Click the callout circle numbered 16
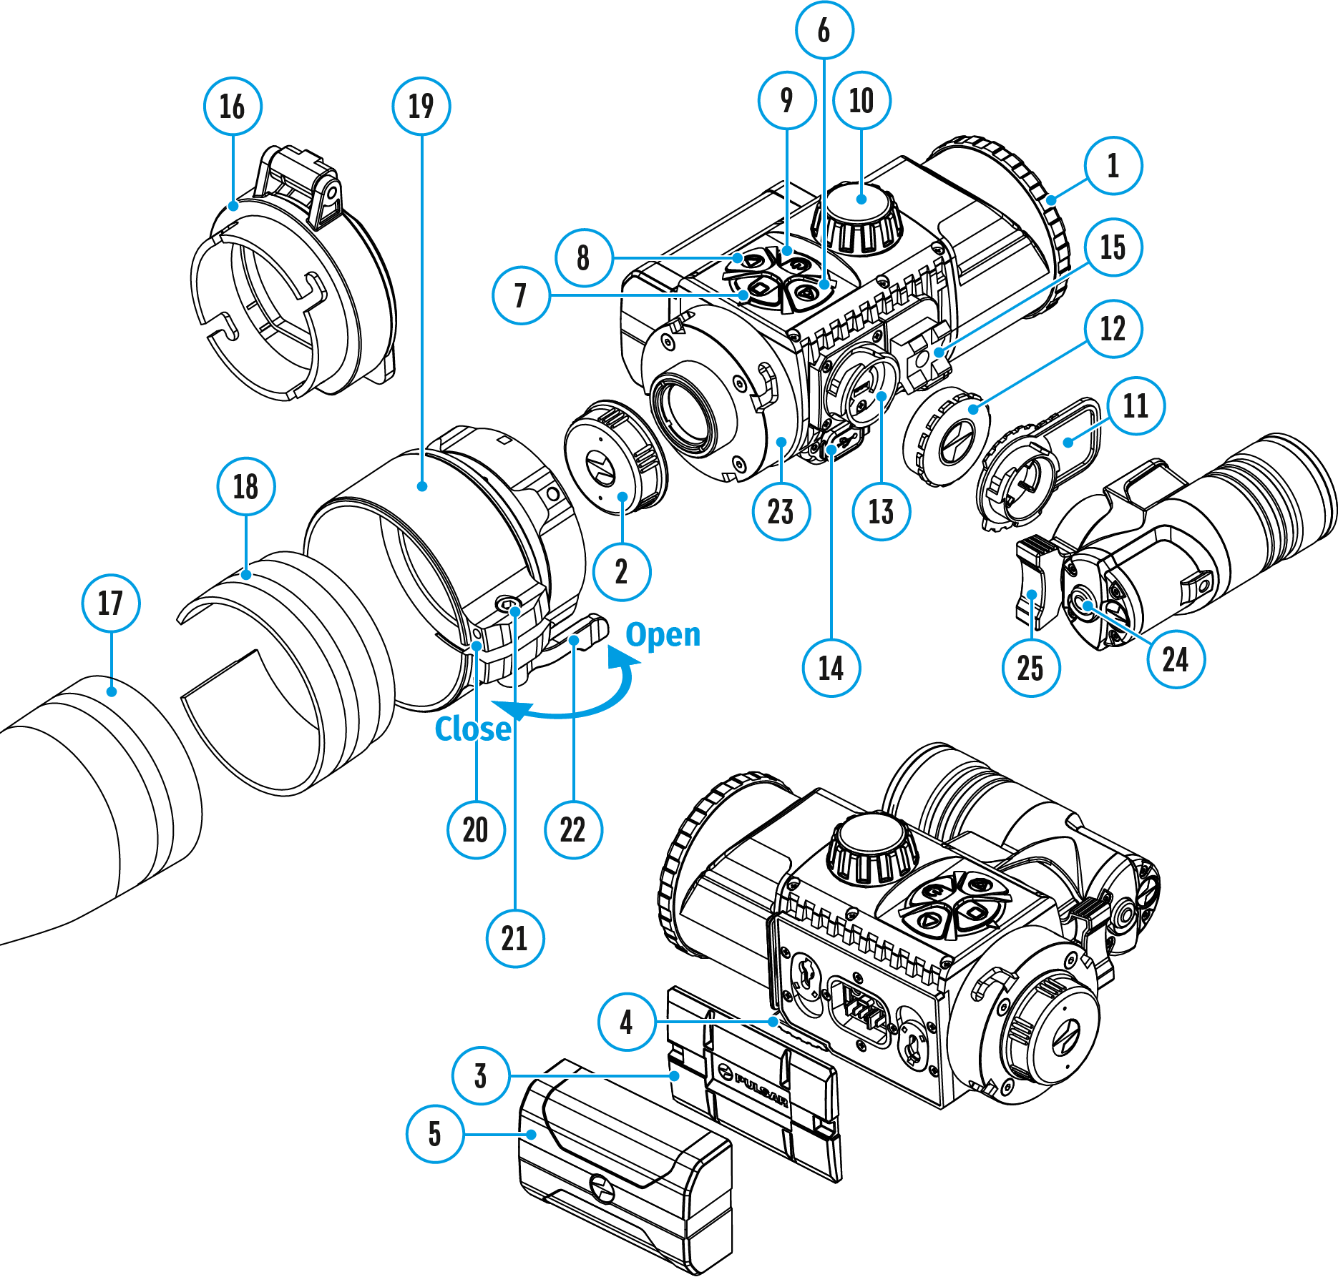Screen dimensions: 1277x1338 click(233, 107)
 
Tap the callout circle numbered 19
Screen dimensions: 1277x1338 click(421, 107)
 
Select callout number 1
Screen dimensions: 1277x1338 click(1113, 166)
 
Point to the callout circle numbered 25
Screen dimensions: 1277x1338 click(1031, 668)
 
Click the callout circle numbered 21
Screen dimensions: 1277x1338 click(515, 938)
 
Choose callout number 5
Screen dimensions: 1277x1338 click(435, 1134)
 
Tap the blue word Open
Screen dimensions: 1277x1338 click(663, 635)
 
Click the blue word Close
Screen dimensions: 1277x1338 click(473, 729)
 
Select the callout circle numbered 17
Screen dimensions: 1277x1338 click(111, 603)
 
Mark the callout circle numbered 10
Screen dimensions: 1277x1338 click(861, 101)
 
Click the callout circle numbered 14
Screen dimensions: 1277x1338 click(831, 668)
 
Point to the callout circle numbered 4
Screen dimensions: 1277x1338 click(627, 1022)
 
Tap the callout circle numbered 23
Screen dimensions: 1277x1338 click(781, 512)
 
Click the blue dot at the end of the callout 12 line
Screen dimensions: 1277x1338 click(973, 409)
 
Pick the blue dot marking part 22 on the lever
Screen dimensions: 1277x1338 click(574, 640)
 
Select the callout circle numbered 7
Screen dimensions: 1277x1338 click(521, 295)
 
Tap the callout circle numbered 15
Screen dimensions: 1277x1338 click(1113, 247)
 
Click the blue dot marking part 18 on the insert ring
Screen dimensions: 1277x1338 click(246, 574)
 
